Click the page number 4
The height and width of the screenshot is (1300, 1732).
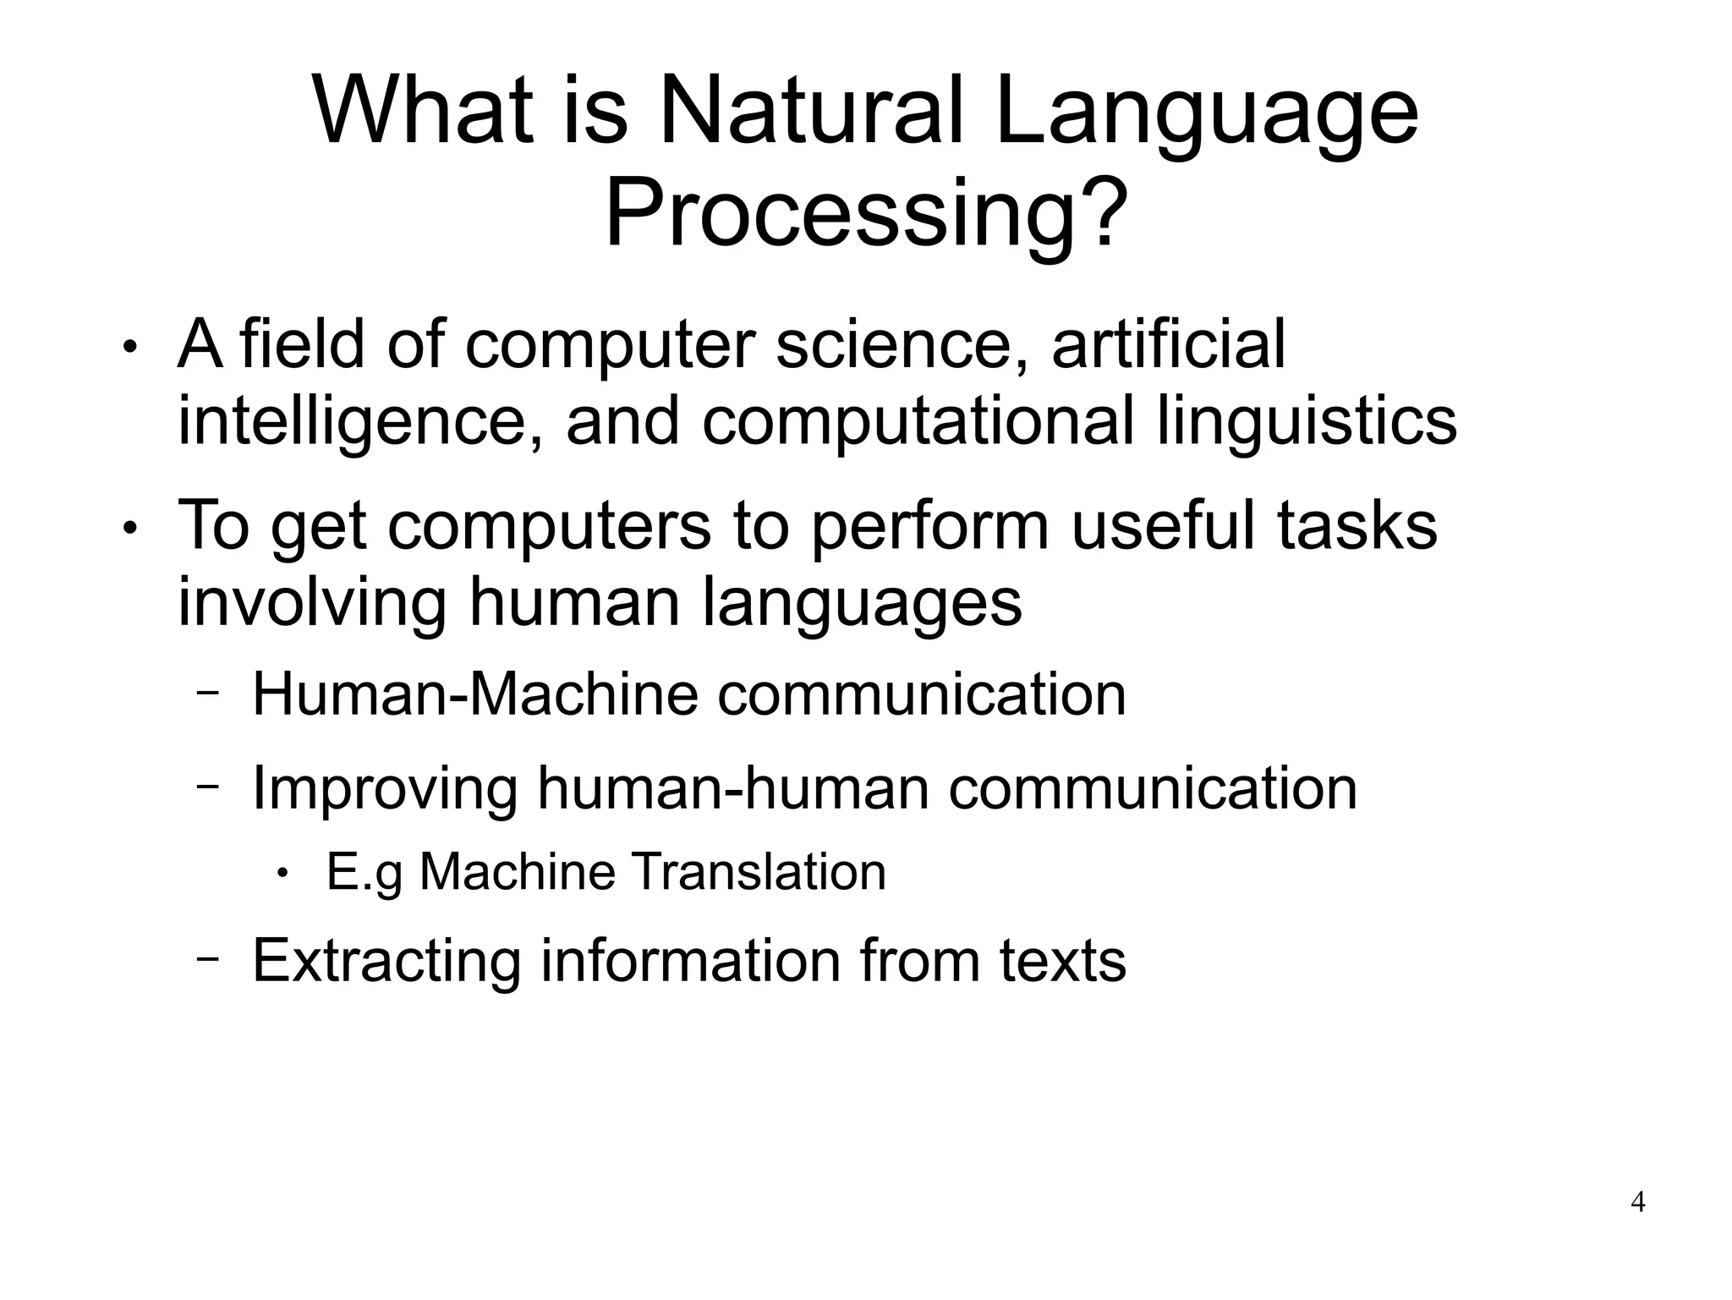(1637, 1202)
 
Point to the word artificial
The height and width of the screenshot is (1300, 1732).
(1168, 344)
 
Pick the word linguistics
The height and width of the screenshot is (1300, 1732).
(1306, 422)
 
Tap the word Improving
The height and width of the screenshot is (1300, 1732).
(385, 787)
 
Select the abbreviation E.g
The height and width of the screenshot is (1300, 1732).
(364, 873)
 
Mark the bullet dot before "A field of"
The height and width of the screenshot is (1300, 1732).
(129, 348)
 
